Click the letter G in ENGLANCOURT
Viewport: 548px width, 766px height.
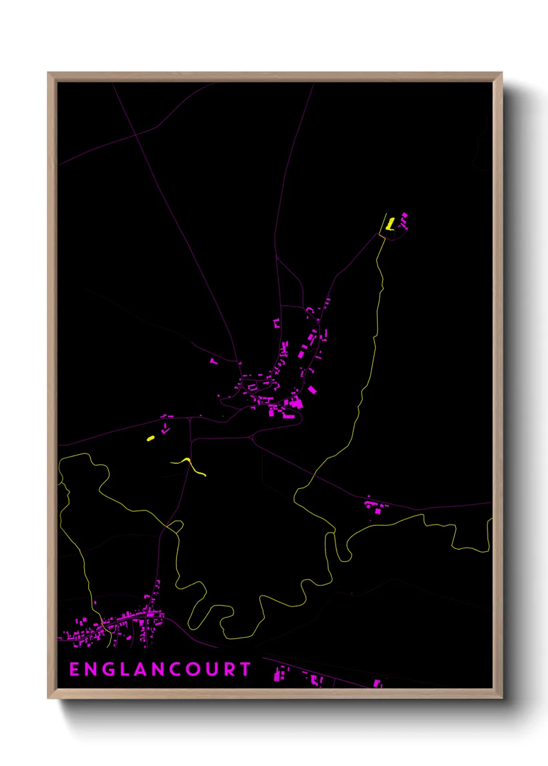click(x=107, y=669)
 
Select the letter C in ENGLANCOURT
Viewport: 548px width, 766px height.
click(x=176, y=669)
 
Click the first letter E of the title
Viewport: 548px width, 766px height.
click(x=74, y=669)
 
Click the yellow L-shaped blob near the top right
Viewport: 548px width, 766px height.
click(x=391, y=224)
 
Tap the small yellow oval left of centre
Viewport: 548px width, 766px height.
click(x=151, y=438)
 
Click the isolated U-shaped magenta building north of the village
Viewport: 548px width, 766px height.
click(x=277, y=323)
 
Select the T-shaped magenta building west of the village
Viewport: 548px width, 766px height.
click(x=214, y=360)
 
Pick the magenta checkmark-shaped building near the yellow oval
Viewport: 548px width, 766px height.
click(x=166, y=429)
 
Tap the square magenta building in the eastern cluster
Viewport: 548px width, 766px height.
click(x=378, y=511)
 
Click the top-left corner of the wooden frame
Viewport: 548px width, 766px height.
click(x=48, y=73)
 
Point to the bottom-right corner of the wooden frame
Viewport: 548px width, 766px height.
click(x=501, y=698)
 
